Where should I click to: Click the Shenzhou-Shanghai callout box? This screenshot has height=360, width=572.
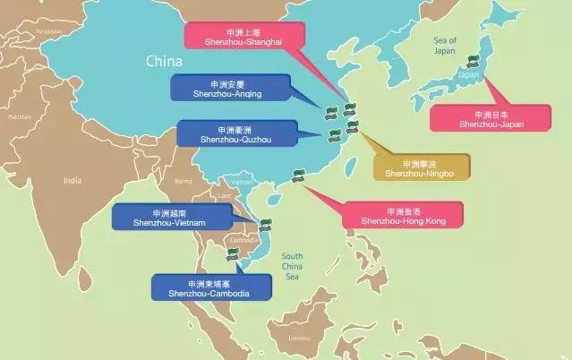tap(244, 36)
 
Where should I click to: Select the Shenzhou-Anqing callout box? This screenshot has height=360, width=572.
tap(231, 88)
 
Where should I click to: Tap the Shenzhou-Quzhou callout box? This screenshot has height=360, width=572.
tap(235, 133)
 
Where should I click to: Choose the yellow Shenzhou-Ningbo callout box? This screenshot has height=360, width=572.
tap(420, 167)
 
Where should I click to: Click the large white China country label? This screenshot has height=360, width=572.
tap(166, 63)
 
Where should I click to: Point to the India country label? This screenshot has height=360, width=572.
tap(72, 180)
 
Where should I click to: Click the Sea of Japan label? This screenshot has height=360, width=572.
tap(444, 46)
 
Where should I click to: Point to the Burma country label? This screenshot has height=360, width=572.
tap(184, 181)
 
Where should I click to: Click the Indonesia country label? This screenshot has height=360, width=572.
tap(299, 338)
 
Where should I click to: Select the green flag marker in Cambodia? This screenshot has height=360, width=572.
tap(234, 254)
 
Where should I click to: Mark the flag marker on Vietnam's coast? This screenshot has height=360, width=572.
tap(265, 226)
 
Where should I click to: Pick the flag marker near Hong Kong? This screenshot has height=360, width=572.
tap(299, 176)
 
